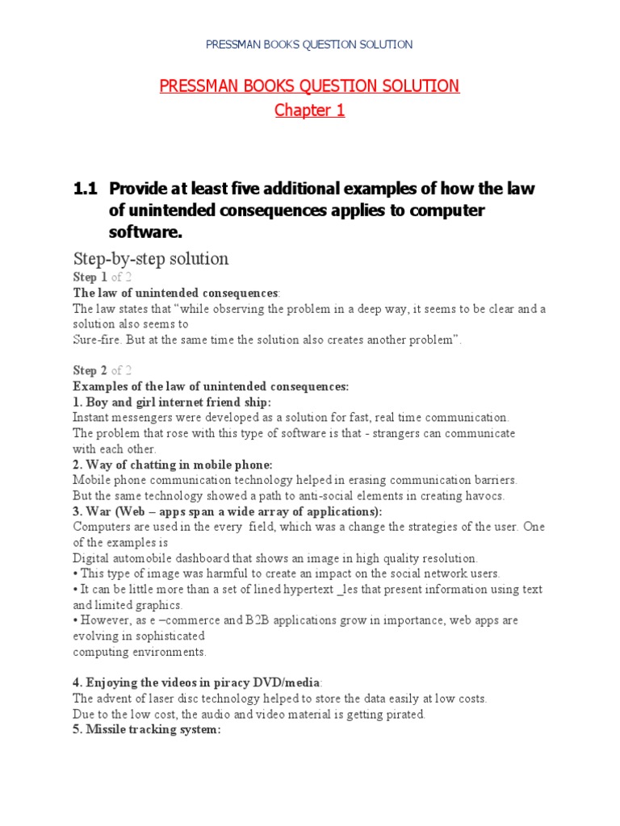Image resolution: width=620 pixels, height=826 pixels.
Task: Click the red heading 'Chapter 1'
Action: pos(309,111)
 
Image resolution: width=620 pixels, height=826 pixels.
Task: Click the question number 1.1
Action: pos(84,189)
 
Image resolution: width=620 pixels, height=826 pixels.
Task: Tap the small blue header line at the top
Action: pos(310,44)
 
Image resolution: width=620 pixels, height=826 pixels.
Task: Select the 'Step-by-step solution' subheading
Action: pos(151,258)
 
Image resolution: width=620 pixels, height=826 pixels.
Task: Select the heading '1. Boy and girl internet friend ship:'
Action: pos(172,402)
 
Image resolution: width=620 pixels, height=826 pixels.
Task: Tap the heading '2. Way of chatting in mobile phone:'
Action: pos(173,465)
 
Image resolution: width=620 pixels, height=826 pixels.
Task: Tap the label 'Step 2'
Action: pos(90,370)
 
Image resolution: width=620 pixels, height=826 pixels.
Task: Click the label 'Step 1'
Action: pos(90,277)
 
